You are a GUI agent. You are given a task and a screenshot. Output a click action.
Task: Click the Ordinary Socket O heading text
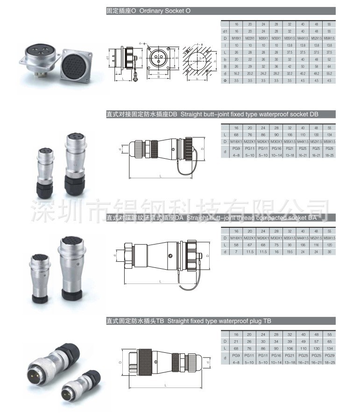click(148, 11)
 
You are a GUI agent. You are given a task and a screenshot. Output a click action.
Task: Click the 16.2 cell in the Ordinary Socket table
click(236, 74)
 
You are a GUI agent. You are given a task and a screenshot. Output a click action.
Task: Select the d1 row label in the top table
click(225, 31)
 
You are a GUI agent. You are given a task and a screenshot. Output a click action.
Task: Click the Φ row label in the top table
click(225, 81)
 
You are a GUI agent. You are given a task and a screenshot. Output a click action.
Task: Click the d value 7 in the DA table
click(236, 252)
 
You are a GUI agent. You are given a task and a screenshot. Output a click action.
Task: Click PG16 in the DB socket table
click(276, 148)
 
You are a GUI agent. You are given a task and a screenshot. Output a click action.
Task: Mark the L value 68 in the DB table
click(236, 134)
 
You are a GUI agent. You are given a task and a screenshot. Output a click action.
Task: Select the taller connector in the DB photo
click(75, 159)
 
